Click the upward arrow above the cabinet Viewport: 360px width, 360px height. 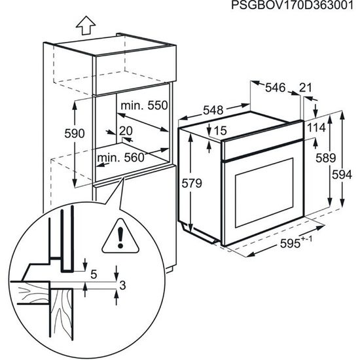click(84, 26)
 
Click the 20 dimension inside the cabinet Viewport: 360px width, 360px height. click(126, 130)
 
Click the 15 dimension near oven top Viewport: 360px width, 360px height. click(219, 131)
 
